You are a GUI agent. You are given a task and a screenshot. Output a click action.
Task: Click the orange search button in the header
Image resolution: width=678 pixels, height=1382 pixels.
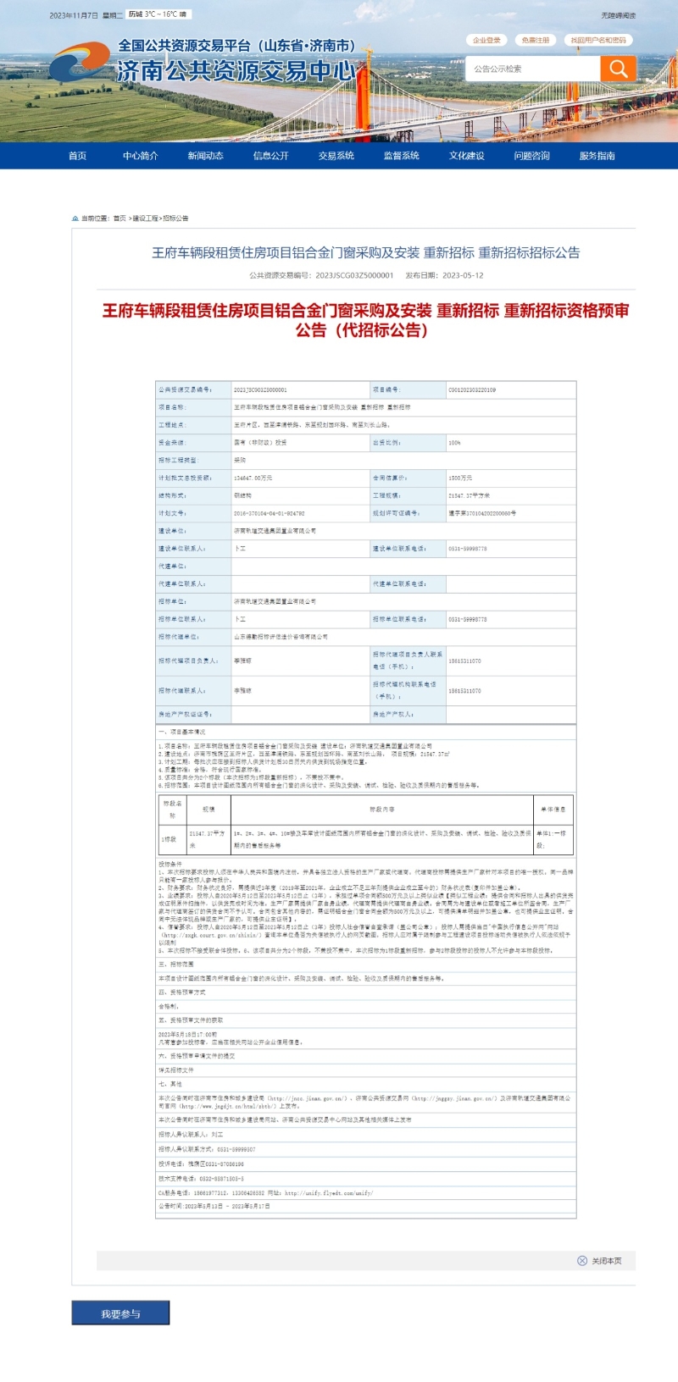tap(618, 69)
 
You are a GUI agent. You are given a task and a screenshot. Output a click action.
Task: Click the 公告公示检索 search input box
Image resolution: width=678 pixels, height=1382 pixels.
tap(532, 69)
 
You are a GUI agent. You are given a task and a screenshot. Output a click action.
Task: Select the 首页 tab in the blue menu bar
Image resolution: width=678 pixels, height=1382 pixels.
tap(77, 156)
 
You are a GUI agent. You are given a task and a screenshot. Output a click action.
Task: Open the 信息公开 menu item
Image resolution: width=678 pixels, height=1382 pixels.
tap(270, 156)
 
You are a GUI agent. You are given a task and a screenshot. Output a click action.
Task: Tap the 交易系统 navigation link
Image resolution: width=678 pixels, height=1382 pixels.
tap(336, 156)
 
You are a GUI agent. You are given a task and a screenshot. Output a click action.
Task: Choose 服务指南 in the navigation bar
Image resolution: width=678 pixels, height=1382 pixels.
tap(597, 156)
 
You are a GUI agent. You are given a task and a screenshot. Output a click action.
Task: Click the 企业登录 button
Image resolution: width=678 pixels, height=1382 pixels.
tap(486, 40)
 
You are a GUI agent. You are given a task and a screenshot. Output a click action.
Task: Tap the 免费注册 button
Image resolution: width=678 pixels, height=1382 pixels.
tap(535, 40)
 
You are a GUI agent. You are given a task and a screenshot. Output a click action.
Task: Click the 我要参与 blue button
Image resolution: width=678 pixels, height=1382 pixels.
tap(120, 1313)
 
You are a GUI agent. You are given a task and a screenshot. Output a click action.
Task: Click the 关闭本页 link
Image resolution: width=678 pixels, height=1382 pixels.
tap(605, 1261)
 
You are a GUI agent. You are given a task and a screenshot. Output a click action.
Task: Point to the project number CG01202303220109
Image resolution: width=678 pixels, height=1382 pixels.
tap(472, 390)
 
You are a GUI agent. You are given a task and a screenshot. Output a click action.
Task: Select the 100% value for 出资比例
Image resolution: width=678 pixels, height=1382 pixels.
tap(455, 443)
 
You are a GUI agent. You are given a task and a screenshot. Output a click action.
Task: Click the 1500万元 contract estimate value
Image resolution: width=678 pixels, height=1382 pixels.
tap(460, 478)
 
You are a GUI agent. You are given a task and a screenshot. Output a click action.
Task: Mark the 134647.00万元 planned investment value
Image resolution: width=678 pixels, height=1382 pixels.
tap(253, 478)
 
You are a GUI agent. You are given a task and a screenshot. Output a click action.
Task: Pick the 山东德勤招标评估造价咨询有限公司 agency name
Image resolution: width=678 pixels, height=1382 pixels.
tap(281, 637)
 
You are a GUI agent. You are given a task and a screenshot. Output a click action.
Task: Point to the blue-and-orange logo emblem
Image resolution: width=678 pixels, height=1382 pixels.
tap(79, 64)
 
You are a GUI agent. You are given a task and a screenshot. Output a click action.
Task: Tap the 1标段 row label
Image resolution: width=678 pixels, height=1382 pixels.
tap(169, 839)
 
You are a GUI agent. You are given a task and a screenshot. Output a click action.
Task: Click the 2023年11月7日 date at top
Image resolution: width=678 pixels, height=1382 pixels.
tap(74, 15)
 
